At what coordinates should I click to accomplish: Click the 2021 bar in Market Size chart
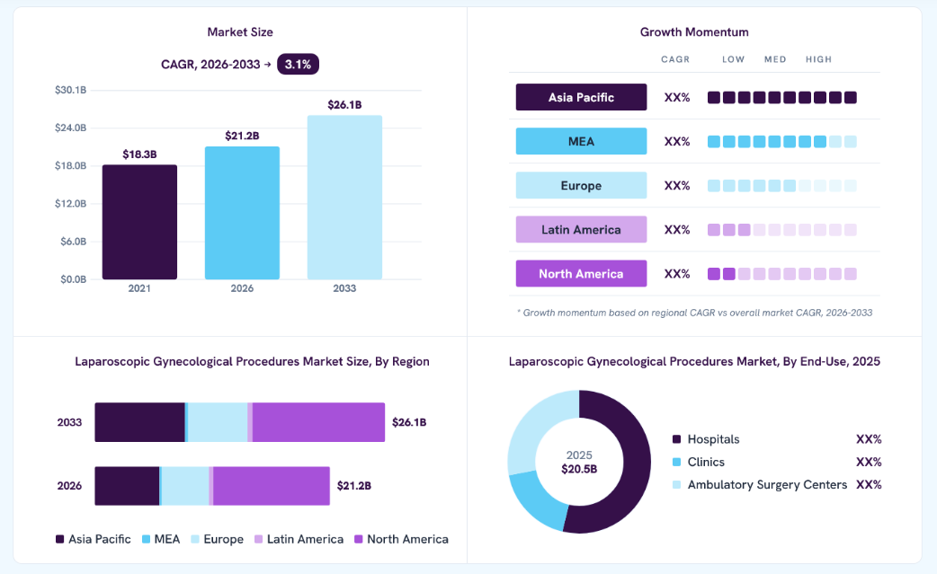(139, 222)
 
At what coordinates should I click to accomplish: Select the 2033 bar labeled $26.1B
(344, 198)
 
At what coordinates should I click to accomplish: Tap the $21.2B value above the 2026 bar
(242, 136)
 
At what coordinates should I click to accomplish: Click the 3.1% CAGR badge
(298, 65)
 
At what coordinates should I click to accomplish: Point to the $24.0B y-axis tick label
(70, 128)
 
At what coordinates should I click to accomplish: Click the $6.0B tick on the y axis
(73, 242)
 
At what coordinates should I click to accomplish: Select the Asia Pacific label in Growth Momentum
(581, 97)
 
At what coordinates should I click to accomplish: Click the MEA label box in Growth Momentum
(581, 141)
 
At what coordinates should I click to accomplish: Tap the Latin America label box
(581, 230)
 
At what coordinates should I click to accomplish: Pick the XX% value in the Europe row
(677, 186)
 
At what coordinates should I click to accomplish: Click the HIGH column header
(818, 59)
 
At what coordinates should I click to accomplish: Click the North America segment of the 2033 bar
(318, 422)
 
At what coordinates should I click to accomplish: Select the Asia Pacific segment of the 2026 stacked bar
(127, 486)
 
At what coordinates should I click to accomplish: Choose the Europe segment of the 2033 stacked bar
(218, 422)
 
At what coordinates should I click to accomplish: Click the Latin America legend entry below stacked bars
(299, 539)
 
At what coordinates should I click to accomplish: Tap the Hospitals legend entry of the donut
(706, 439)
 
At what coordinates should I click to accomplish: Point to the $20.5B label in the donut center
(579, 469)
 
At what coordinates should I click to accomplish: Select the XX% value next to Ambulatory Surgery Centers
(869, 484)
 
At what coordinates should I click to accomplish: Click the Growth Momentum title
(694, 32)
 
